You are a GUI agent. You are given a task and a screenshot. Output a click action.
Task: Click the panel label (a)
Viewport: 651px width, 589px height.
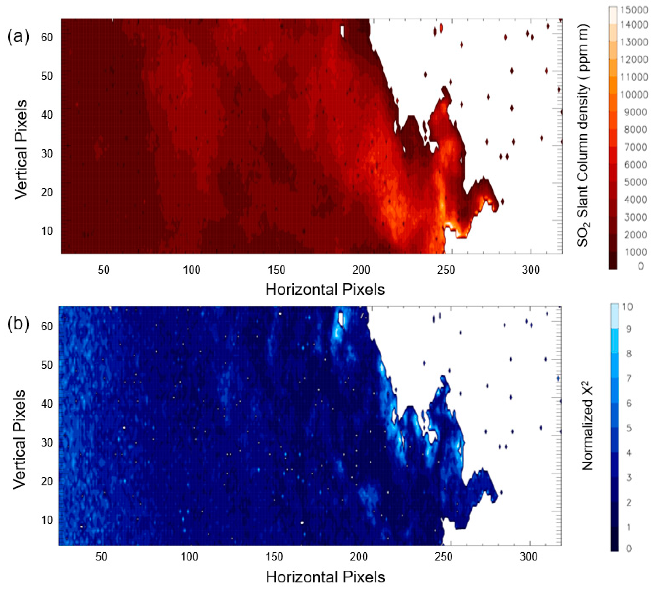[x=18, y=37]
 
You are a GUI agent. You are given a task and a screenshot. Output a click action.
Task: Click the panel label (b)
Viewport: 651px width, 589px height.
[x=18, y=324]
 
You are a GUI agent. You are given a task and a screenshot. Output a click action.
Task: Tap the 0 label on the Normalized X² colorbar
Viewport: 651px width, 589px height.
[x=628, y=549]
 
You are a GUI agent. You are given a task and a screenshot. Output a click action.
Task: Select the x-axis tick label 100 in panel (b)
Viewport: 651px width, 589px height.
[x=189, y=557]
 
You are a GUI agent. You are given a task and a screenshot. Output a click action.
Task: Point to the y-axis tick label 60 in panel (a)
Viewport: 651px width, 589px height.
[x=47, y=38]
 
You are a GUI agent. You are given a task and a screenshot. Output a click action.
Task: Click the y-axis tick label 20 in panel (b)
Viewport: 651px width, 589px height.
[x=47, y=481]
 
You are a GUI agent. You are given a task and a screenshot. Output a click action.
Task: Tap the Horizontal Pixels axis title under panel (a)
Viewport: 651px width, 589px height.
[x=325, y=289]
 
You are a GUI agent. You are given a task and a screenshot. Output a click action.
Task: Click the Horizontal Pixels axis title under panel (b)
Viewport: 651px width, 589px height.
[x=325, y=577]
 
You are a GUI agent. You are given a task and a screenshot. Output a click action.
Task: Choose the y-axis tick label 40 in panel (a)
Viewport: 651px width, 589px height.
[x=47, y=115]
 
